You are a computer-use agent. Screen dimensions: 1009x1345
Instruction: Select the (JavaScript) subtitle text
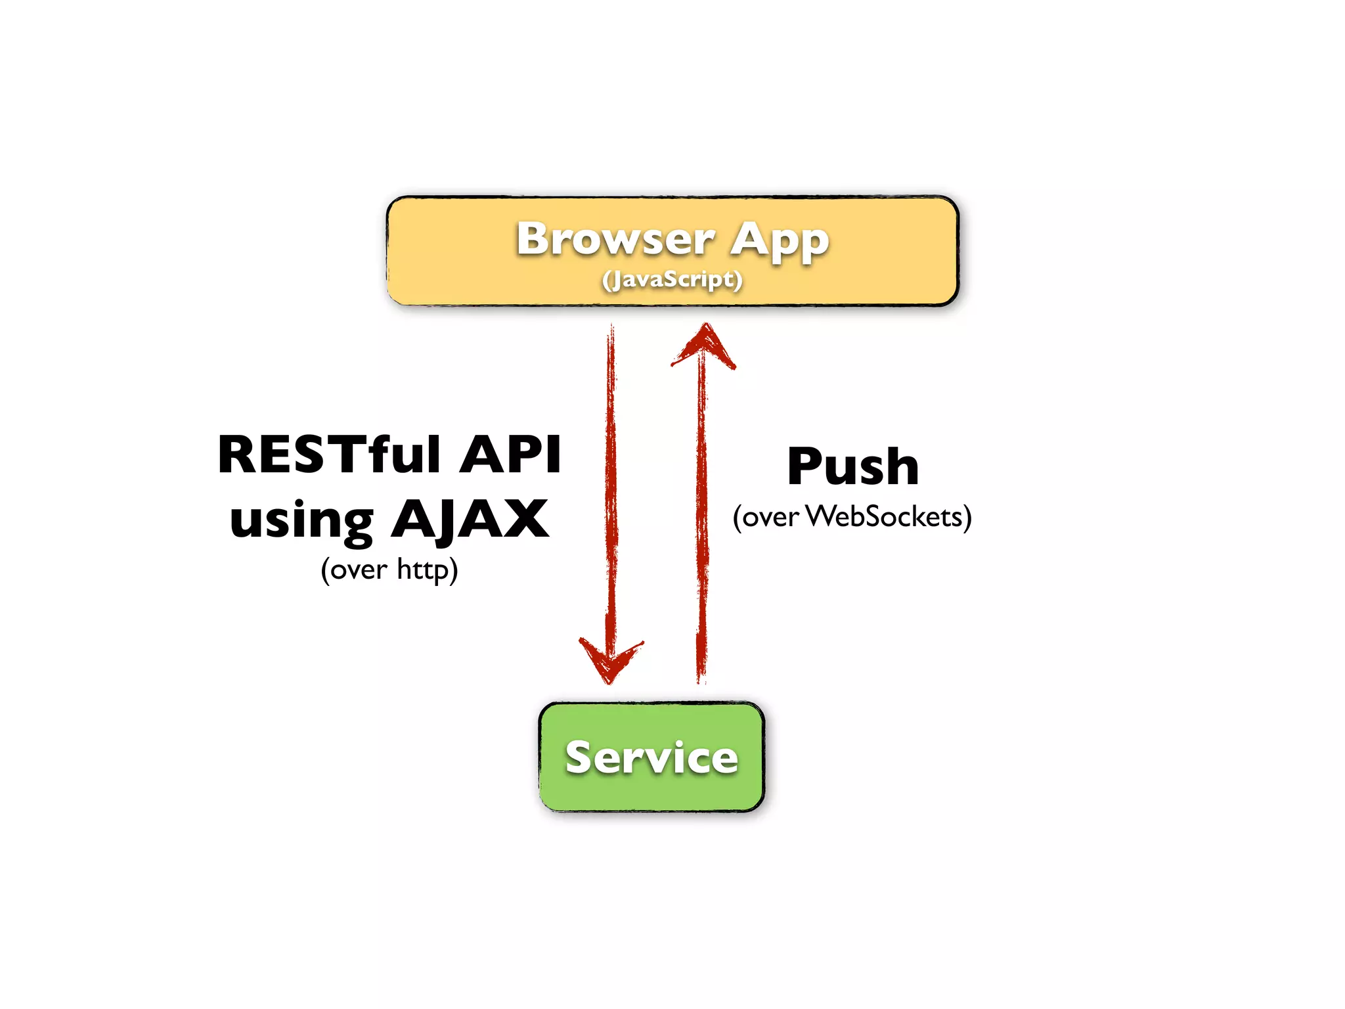(672, 280)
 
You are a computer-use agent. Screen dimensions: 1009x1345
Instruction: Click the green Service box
(651, 757)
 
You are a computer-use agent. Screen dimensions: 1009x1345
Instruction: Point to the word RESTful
(329, 454)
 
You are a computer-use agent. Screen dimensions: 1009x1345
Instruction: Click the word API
(510, 454)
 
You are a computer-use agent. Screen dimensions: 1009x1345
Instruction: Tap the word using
(301, 520)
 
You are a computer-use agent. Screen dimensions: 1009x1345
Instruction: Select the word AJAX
(470, 519)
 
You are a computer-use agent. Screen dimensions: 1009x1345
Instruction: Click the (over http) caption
(389, 569)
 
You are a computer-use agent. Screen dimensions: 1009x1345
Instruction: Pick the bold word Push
(852, 466)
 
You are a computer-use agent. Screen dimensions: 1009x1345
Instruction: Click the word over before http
(359, 570)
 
